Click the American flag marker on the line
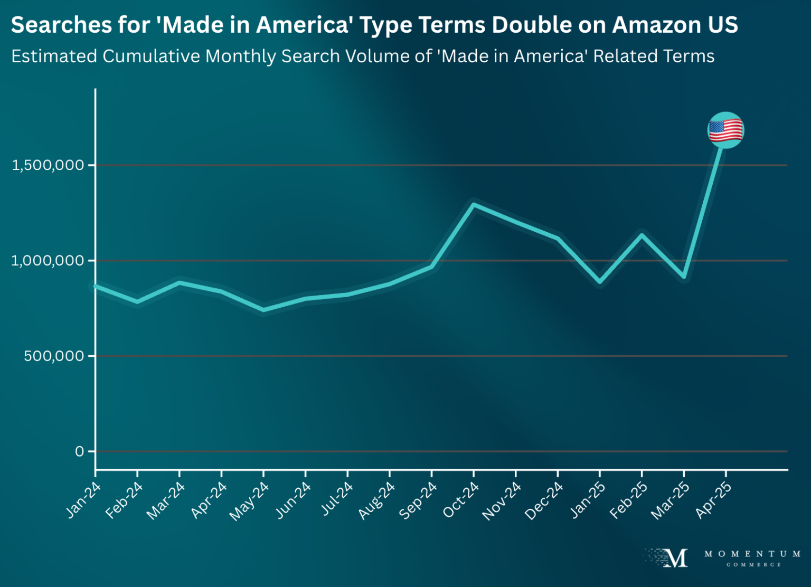pyautogui.click(x=725, y=130)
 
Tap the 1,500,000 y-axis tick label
pyautogui.click(x=48, y=165)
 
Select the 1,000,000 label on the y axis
pyautogui.click(x=48, y=261)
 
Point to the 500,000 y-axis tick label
pyautogui.click(x=54, y=356)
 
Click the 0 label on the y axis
pyautogui.click(x=80, y=452)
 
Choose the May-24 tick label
pyautogui.click(x=249, y=502)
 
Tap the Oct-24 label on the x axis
pyautogui.click(x=460, y=500)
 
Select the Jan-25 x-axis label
pyautogui.click(x=587, y=500)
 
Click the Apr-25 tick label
pyautogui.click(x=713, y=500)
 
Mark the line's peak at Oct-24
pyautogui.click(x=474, y=204)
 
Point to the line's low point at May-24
pyautogui.click(x=263, y=310)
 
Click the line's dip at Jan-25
pyautogui.click(x=600, y=282)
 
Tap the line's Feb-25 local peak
pyautogui.click(x=642, y=235)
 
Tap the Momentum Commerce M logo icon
pyautogui.click(x=674, y=558)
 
